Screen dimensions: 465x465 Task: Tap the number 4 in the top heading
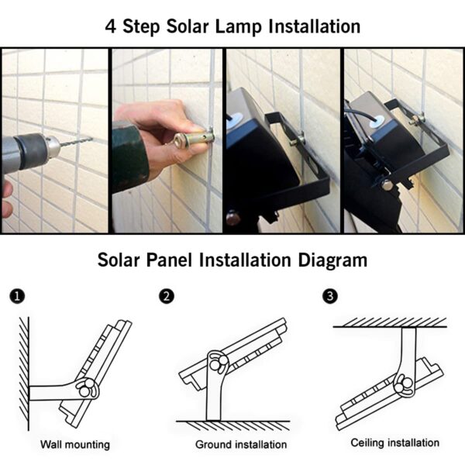(x=112, y=26)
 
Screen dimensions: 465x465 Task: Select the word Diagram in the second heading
(x=332, y=259)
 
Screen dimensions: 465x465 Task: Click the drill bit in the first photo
(x=76, y=142)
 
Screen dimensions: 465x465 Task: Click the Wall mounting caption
(x=75, y=445)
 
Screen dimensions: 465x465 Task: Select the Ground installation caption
(x=241, y=445)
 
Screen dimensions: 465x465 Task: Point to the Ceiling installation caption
(x=395, y=443)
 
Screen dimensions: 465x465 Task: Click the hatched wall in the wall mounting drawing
(x=24, y=372)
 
